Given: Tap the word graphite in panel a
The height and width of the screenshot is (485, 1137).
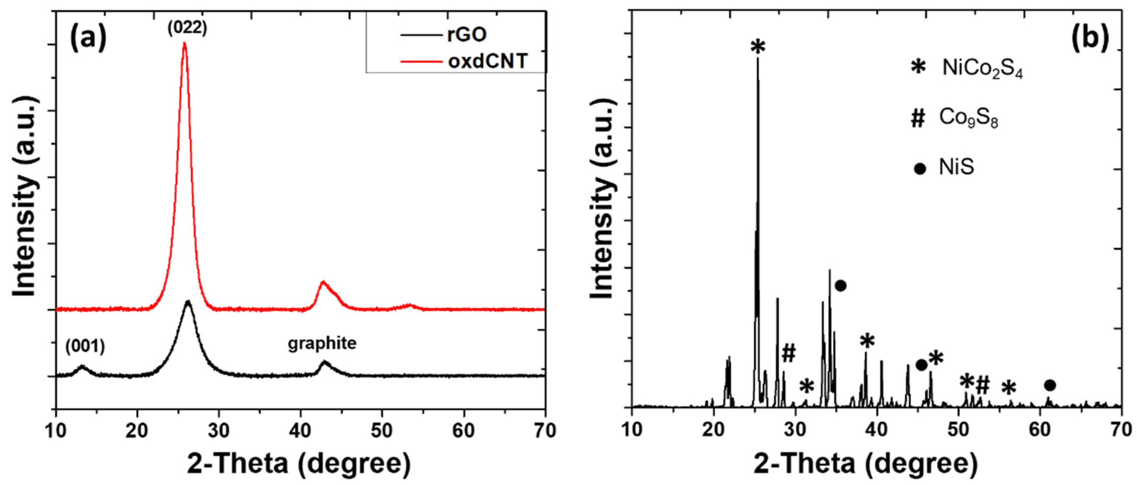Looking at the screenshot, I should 322,343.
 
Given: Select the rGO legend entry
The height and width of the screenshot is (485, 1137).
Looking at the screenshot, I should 467,34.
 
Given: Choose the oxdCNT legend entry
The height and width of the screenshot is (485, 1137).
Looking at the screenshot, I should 487,61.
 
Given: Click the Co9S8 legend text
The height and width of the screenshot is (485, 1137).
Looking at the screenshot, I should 968,118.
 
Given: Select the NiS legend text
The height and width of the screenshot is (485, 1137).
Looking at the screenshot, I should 956,167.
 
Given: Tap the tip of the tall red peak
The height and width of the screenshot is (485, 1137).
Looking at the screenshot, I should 185,43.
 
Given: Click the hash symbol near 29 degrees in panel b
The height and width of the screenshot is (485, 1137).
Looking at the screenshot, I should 788,353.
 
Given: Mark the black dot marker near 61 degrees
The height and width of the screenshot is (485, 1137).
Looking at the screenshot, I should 1050,385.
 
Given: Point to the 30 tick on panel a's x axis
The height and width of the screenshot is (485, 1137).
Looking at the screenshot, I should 219,431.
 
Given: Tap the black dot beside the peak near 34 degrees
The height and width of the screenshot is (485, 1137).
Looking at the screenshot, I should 841,286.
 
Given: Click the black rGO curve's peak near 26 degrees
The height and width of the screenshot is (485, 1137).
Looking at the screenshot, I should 188,302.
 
